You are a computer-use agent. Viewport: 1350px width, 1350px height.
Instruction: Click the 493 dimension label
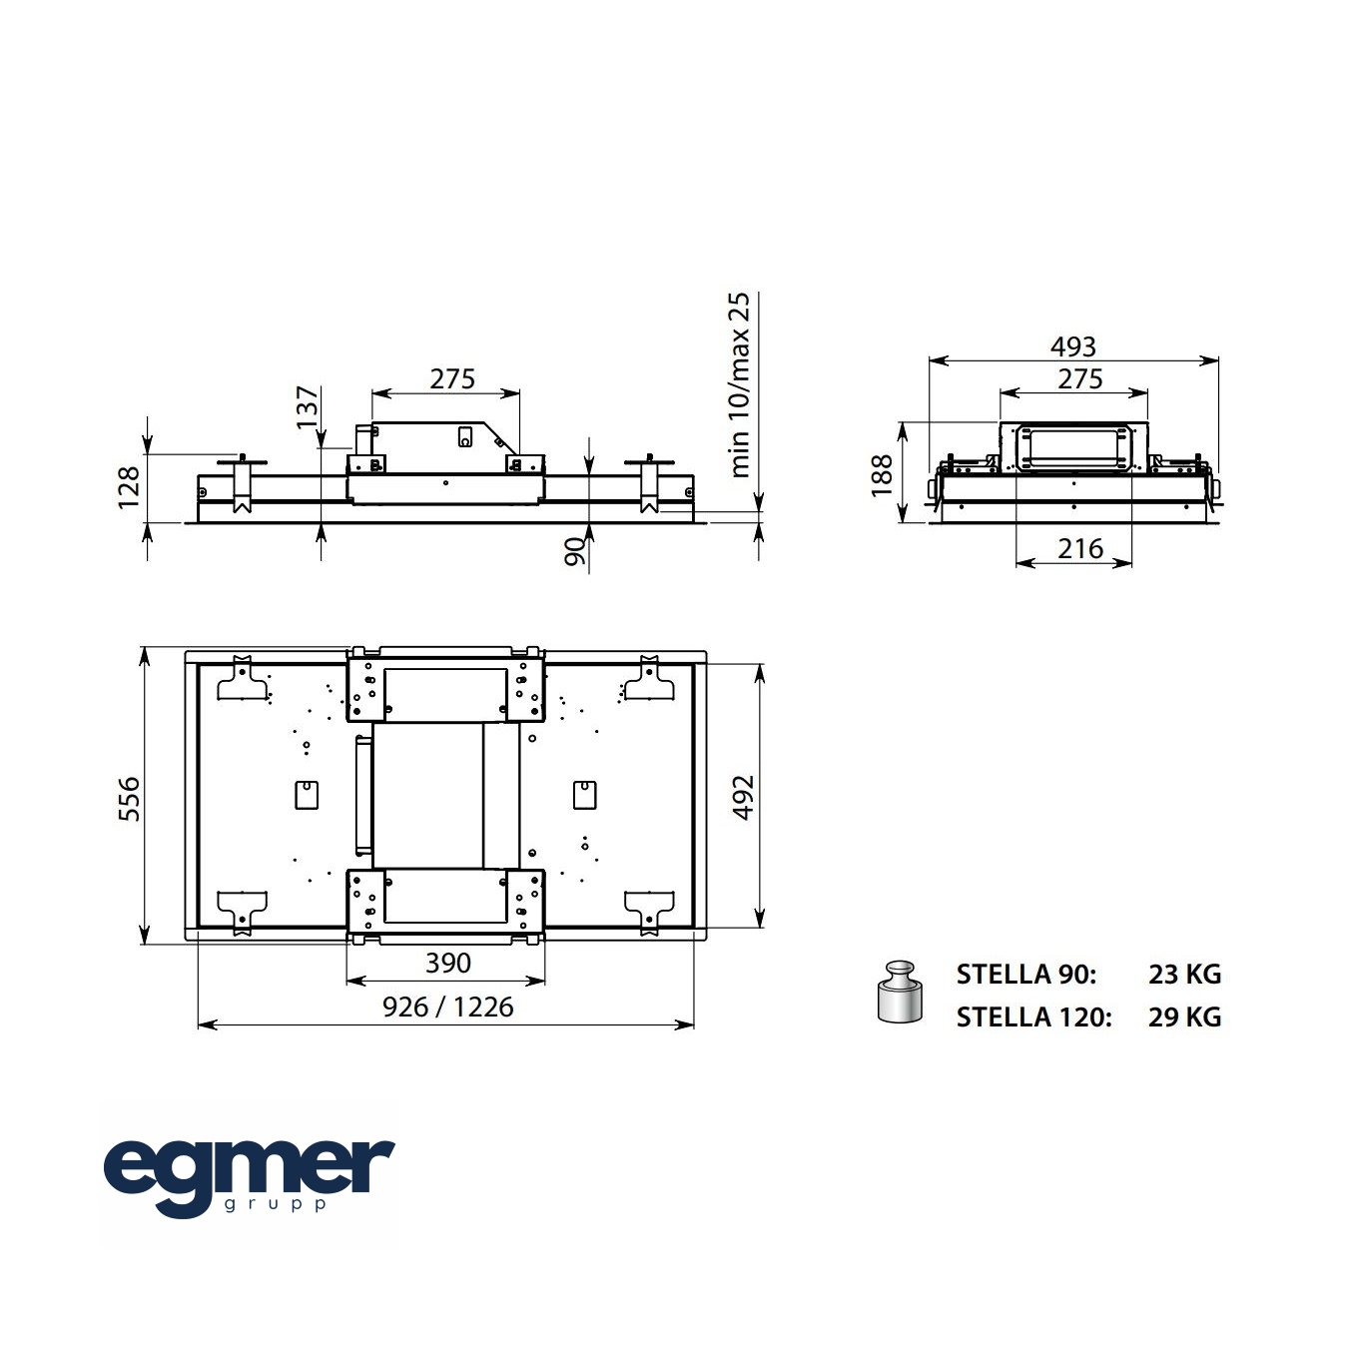1072,346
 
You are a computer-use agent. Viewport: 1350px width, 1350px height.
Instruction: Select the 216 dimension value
1080,548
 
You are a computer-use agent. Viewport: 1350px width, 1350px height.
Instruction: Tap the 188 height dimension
883,475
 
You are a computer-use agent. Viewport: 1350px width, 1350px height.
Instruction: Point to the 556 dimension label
129,799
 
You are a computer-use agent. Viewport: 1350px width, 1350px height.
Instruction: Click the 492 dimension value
743,797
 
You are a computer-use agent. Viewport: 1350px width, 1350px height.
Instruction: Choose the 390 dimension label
448,963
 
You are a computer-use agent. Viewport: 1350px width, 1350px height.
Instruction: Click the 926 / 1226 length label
448,1007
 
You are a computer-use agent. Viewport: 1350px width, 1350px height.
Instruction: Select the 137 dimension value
308,406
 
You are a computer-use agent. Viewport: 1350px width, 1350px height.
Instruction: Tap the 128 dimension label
129,487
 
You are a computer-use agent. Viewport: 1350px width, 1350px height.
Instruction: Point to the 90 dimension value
574,551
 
